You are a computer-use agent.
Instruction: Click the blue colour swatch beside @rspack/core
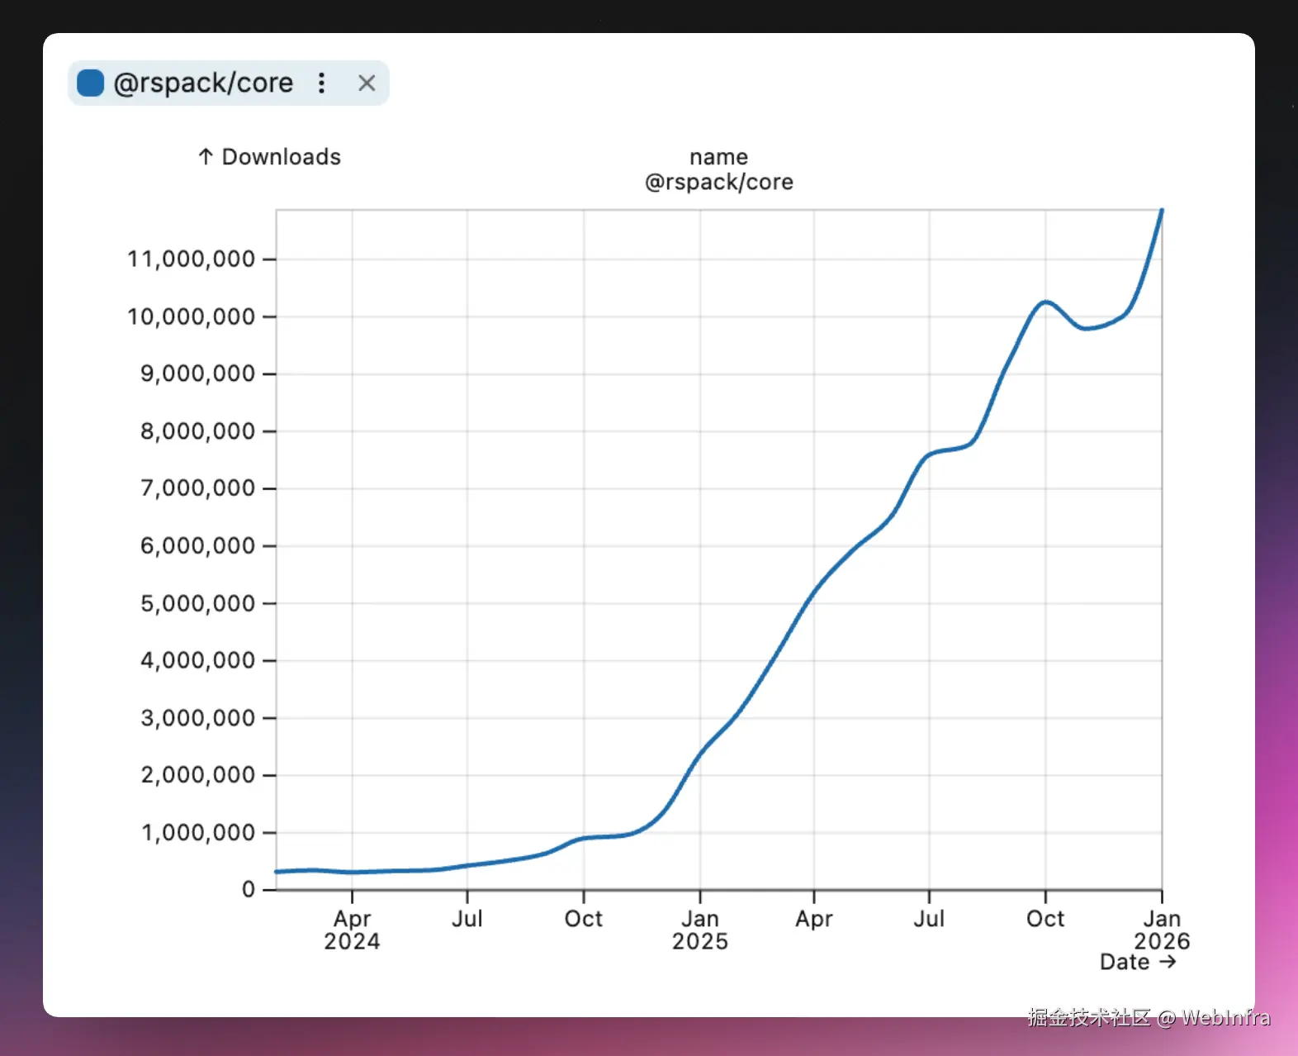click(x=90, y=83)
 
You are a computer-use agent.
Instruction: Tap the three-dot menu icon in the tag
click(x=322, y=83)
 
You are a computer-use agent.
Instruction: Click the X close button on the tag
click(x=367, y=83)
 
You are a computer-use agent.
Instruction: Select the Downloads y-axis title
click(x=270, y=157)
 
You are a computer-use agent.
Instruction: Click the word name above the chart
click(x=718, y=157)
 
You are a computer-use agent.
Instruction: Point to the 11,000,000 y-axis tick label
click(x=191, y=259)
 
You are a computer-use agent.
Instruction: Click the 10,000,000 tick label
click(x=191, y=316)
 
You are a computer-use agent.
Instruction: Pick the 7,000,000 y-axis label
click(x=197, y=488)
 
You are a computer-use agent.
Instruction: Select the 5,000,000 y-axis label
click(x=197, y=603)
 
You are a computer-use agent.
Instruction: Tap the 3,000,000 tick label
click(x=197, y=718)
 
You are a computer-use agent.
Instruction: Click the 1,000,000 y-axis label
click(x=197, y=832)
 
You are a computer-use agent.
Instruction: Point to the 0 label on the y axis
click(x=249, y=889)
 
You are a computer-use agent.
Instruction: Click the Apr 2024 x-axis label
click(x=352, y=930)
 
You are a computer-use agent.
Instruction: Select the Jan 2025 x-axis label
click(x=699, y=930)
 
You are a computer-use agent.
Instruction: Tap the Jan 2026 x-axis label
click(x=1161, y=930)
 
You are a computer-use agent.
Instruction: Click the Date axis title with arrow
click(x=1137, y=962)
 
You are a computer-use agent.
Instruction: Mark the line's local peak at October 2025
click(x=1045, y=302)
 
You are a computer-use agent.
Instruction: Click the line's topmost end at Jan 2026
click(x=1161, y=211)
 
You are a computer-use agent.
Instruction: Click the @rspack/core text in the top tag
click(x=203, y=83)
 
